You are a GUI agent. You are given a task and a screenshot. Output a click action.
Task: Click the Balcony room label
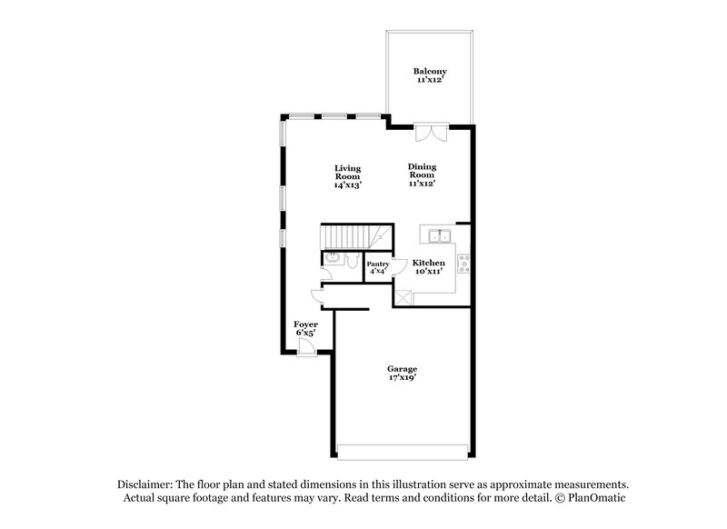tap(430, 71)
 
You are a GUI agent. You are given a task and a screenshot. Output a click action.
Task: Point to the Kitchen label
tap(429, 262)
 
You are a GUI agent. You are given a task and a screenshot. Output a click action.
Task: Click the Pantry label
tap(377, 264)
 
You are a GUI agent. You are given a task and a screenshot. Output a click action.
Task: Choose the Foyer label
tap(304, 324)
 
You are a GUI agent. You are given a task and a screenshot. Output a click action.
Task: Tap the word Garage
tap(402, 369)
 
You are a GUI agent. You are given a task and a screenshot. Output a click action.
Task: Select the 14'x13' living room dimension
tap(347, 185)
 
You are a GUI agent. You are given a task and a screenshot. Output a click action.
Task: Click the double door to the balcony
tap(429, 133)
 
